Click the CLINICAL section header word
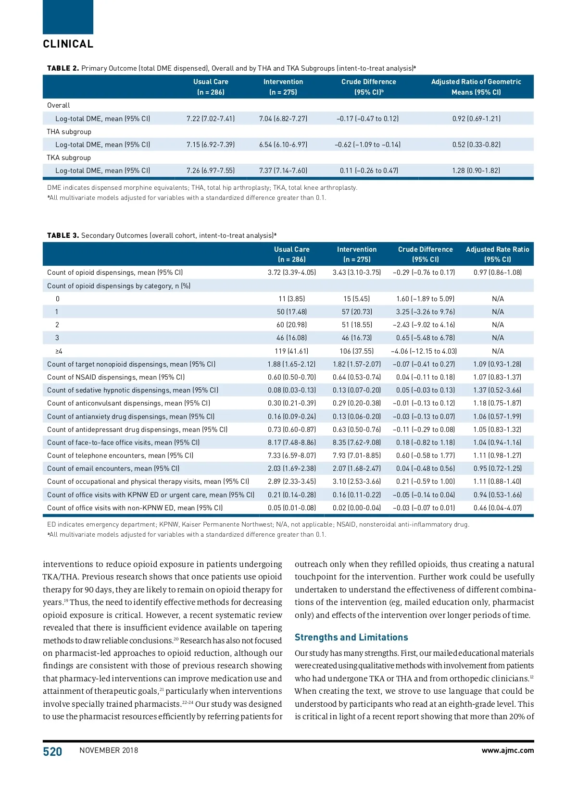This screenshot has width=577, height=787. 68,44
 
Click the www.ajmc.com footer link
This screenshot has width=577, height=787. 507,750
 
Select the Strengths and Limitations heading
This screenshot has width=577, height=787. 351,638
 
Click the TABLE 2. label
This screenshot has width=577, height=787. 63,68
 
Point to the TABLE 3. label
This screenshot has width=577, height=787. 63,235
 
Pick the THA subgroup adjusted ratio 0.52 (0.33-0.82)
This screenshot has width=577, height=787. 476,145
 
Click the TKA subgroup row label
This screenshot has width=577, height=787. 69,158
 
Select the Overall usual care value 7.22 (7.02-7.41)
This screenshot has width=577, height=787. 211,119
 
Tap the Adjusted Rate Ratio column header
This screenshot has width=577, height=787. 497,254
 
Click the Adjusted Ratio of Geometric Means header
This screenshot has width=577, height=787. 476,87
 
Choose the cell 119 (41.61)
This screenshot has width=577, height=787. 292,351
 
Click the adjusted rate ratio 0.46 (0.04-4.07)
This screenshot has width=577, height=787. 497,508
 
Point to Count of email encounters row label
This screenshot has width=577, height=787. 113,468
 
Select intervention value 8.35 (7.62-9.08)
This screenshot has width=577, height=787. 356,443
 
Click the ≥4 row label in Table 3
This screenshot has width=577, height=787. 59,351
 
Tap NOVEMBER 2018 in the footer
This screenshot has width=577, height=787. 109,750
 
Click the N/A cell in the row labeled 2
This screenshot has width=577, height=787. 498,325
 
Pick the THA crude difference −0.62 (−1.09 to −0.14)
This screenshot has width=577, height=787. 368,145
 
